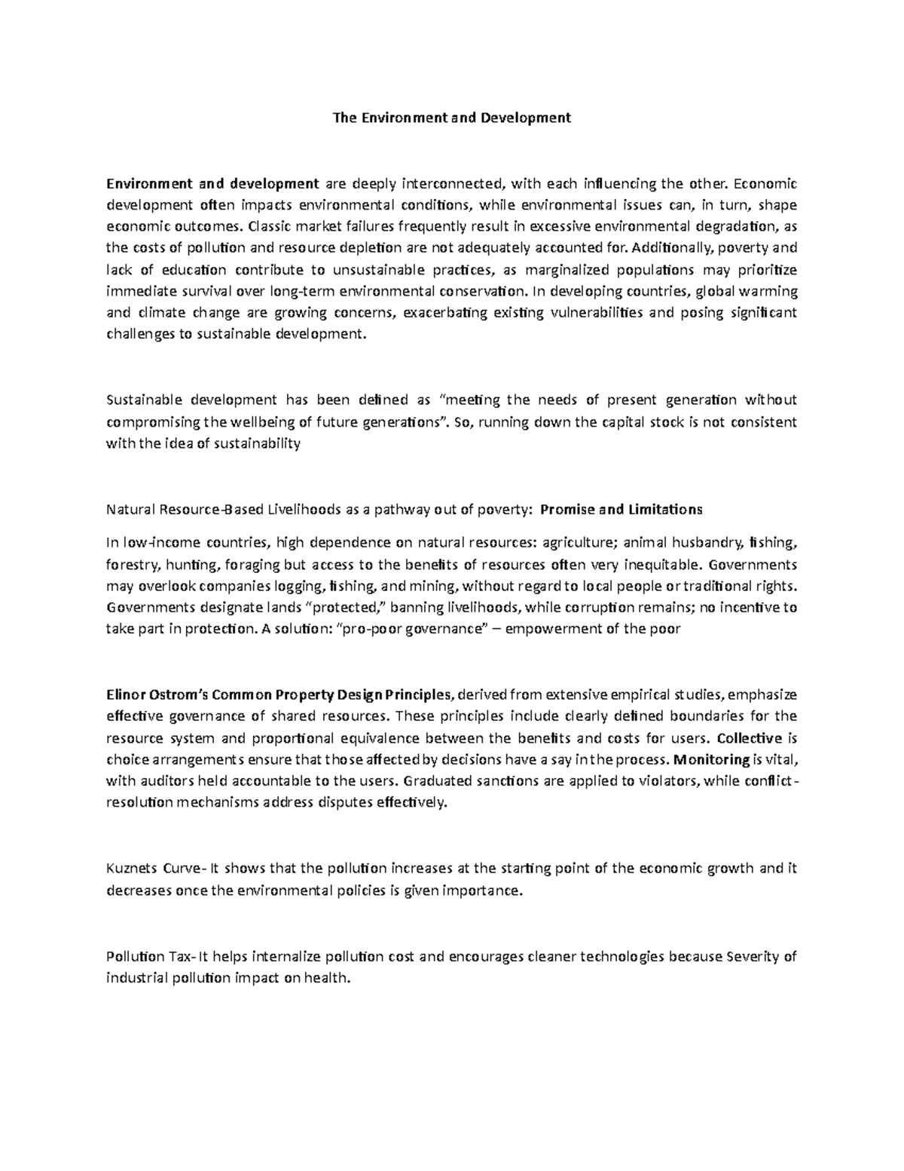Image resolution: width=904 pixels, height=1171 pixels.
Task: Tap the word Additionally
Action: (668, 247)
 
